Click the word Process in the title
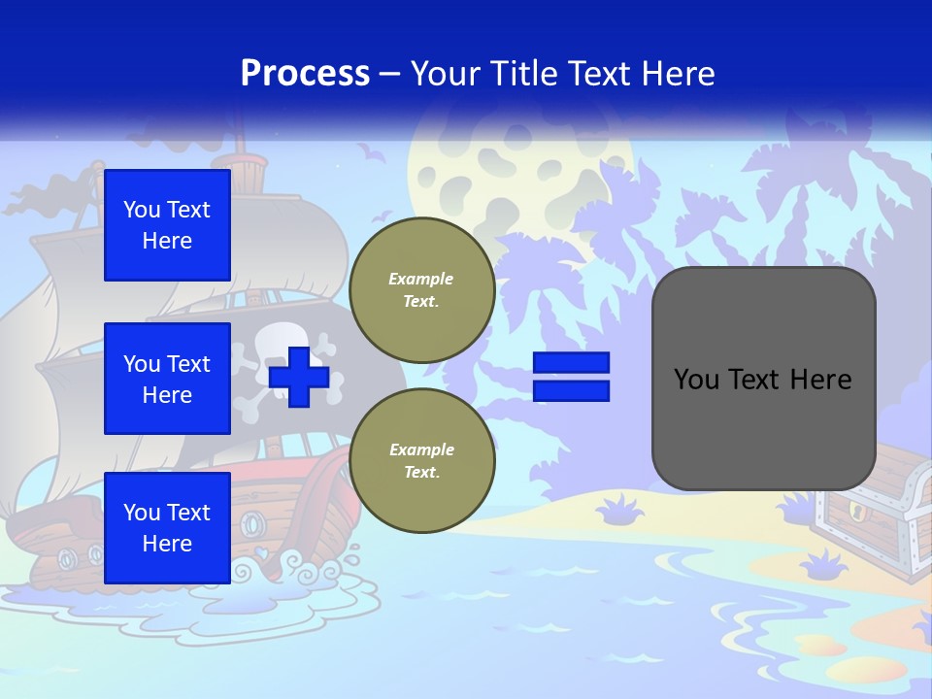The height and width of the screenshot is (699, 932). (305, 74)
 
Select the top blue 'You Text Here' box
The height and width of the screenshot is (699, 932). (167, 225)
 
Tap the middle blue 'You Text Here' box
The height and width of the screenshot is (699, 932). (167, 379)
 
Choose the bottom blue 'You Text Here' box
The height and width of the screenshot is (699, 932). (167, 528)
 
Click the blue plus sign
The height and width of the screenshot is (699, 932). (299, 377)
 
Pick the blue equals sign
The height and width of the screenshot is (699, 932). (571, 377)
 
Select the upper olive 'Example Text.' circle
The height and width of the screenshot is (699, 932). (421, 290)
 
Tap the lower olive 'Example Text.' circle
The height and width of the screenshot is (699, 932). (421, 461)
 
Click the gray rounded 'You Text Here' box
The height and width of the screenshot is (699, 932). (763, 379)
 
